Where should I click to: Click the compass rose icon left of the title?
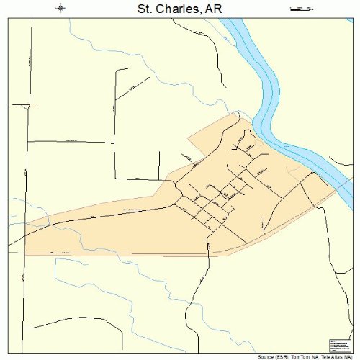[x=62, y=9]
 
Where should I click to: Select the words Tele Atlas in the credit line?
[x=333, y=356]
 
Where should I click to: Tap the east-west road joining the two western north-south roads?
[x=72, y=142]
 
